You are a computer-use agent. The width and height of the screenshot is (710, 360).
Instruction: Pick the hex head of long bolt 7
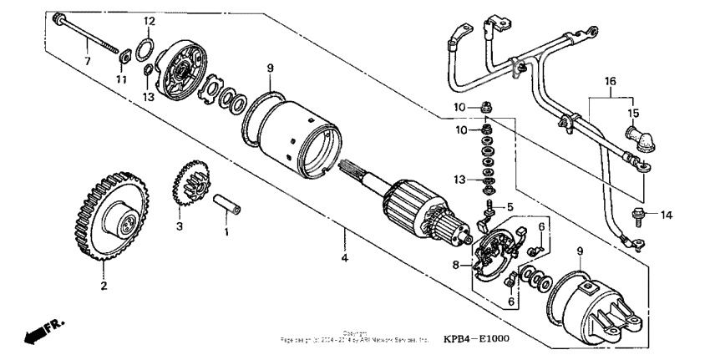[x=58, y=19]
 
